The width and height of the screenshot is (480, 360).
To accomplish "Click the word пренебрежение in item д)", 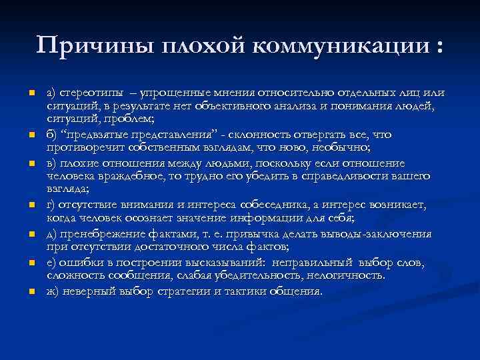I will click(x=99, y=234).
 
